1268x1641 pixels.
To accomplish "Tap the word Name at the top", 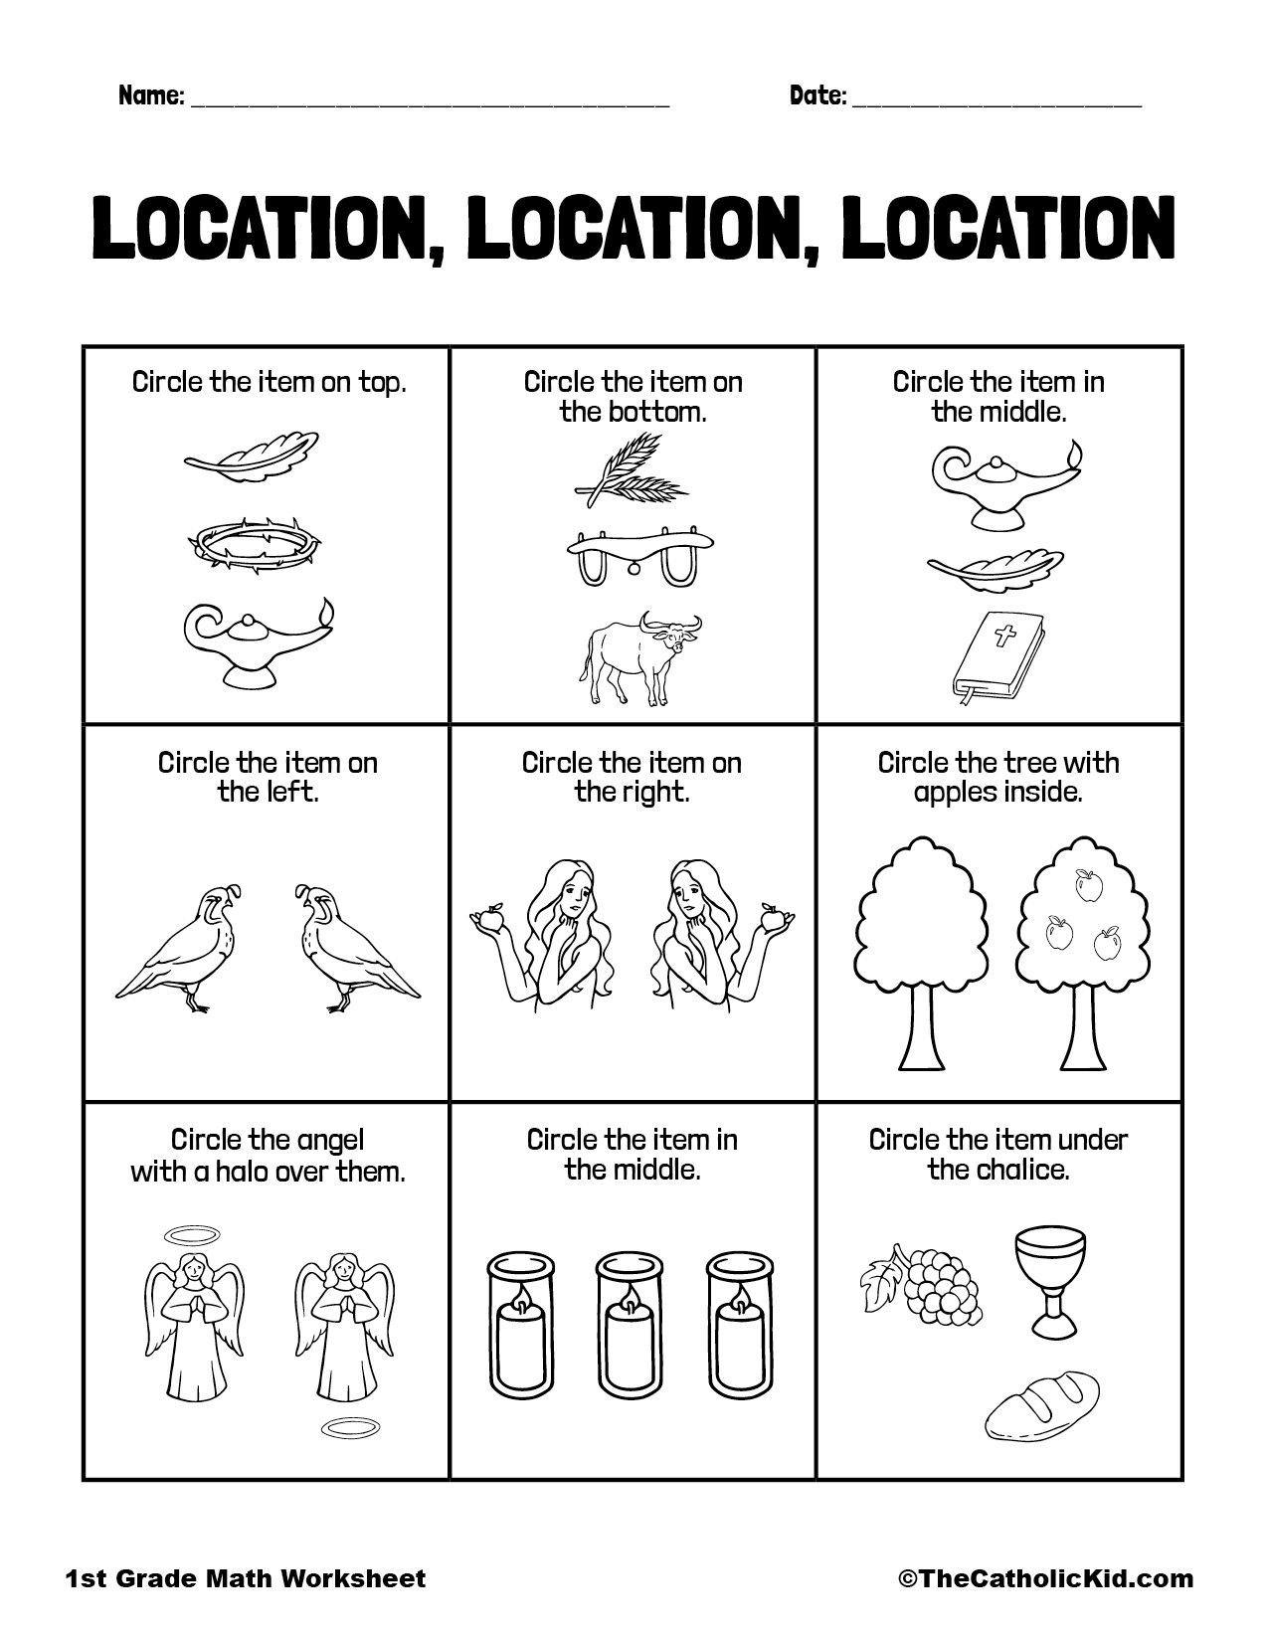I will (x=150, y=95).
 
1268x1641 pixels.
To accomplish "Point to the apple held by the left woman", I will (x=488, y=920).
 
